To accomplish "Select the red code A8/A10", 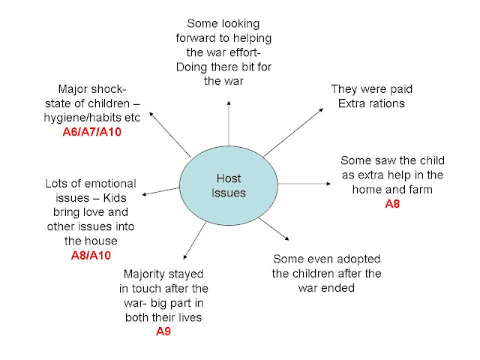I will point(91,255).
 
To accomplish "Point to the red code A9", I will point(163,330).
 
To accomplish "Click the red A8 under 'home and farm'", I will point(392,203).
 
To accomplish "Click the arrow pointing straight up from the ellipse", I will point(226,127).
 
